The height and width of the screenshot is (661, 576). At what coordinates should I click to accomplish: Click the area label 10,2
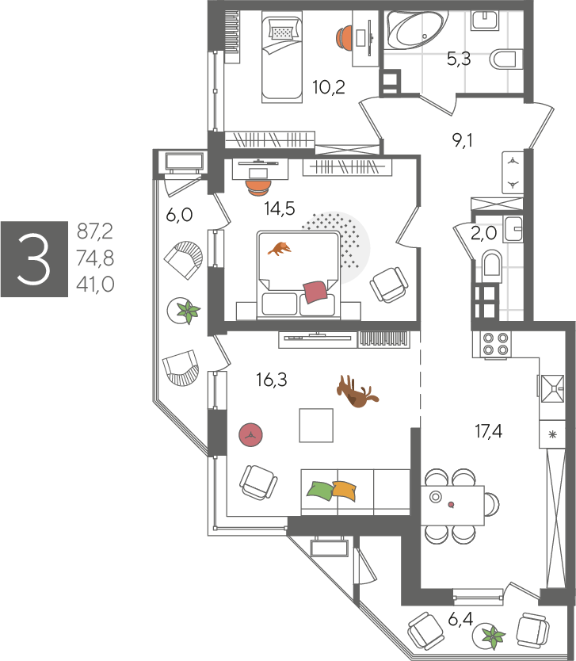point(329,87)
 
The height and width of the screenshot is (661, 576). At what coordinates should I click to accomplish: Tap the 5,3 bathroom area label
point(459,59)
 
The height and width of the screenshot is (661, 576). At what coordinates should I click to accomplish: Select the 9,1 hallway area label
point(462,140)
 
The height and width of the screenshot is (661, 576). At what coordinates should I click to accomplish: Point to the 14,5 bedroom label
point(280,208)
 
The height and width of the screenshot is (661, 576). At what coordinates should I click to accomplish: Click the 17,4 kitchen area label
point(488,431)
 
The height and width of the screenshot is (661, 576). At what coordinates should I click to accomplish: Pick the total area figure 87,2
point(95,231)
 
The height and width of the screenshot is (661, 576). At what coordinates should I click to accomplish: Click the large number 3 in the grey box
point(34,259)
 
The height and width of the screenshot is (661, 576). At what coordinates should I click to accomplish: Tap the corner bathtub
point(417,29)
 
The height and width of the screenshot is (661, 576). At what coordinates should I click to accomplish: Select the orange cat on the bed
point(280,248)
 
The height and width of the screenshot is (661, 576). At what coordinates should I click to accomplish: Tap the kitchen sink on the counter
point(552,388)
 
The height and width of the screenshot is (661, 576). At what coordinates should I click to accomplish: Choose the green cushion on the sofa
point(320,491)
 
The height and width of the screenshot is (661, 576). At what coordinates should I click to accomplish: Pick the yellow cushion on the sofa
point(345,491)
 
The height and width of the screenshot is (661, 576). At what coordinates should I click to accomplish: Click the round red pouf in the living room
point(250,435)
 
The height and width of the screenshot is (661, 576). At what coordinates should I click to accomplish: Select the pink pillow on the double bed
point(315,292)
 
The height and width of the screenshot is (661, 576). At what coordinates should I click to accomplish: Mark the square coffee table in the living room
point(316,426)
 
